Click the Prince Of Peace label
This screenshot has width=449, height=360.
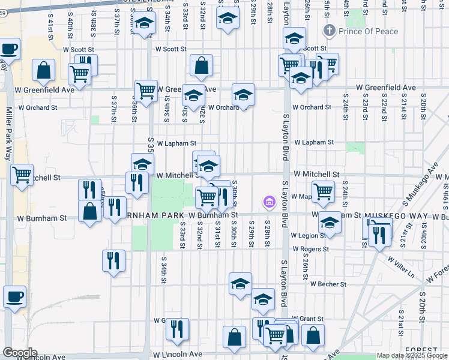point(361,30)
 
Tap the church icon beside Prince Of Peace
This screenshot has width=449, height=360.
point(328,30)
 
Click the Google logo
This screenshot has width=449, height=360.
point(20,352)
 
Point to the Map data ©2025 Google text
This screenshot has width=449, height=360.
point(411,355)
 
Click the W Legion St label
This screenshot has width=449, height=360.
point(310,236)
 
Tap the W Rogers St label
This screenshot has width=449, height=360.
point(310,248)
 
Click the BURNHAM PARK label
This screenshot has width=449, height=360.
point(150,214)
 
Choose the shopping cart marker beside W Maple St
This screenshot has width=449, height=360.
point(324,191)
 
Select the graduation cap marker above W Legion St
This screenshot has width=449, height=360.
point(329,223)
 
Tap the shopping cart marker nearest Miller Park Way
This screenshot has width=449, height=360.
point(22,175)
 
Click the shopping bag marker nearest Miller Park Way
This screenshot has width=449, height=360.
point(44,70)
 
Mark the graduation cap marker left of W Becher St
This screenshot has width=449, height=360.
point(240,283)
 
